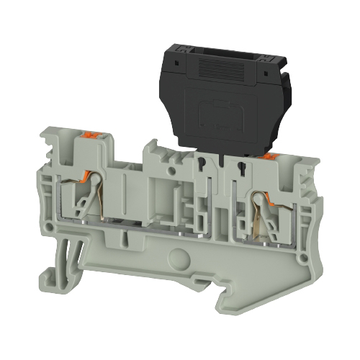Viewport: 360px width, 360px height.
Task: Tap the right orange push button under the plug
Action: click(x=270, y=155)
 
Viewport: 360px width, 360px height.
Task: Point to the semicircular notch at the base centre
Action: click(x=176, y=256)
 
